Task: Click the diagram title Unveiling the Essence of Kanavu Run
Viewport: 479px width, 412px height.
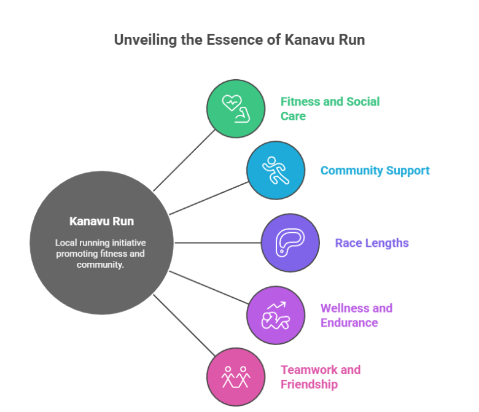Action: (x=240, y=40)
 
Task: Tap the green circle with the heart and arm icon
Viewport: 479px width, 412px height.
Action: (x=235, y=108)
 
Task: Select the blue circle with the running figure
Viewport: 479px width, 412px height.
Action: (x=276, y=170)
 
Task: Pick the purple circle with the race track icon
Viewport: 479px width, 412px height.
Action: (x=290, y=243)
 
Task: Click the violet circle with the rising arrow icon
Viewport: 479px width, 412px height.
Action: (x=276, y=315)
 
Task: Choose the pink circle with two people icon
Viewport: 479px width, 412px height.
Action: (x=235, y=376)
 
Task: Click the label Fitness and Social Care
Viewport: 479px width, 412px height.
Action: (x=330, y=108)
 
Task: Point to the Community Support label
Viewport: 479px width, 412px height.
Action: (x=375, y=171)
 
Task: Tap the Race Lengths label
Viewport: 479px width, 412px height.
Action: (x=372, y=243)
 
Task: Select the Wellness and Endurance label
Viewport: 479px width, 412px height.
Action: (x=356, y=315)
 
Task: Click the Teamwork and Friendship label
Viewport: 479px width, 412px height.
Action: (x=320, y=377)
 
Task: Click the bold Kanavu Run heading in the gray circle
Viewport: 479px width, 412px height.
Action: (x=101, y=221)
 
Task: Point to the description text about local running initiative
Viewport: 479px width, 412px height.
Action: (x=101, y=254)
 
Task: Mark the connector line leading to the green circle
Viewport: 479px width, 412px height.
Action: (x=184, y=160)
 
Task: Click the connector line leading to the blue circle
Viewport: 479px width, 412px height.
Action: (x=209, y=198)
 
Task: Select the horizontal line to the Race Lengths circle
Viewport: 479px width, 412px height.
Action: (x=218, y=243)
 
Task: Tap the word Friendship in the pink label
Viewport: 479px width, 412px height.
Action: (x=309, y=384)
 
